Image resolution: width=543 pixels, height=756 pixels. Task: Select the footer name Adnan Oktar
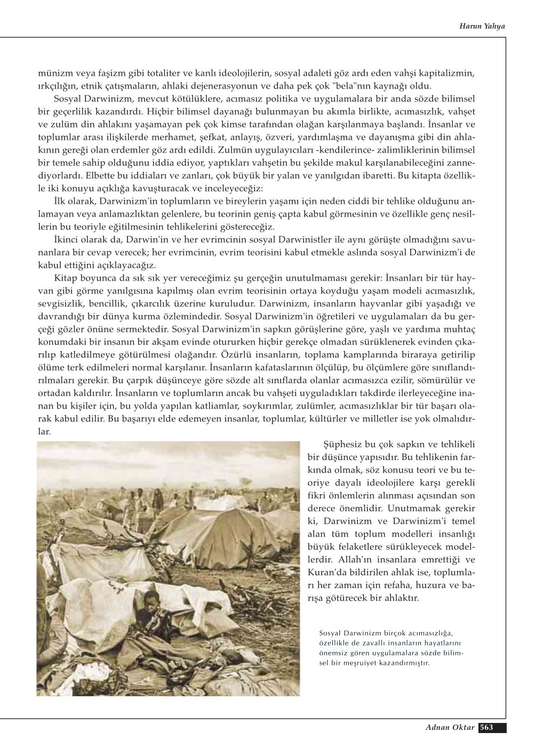[x=449, y=727]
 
